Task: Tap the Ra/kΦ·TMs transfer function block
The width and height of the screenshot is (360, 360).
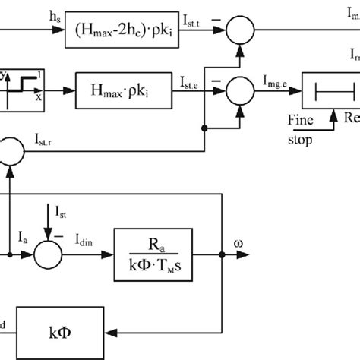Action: (151, 253)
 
